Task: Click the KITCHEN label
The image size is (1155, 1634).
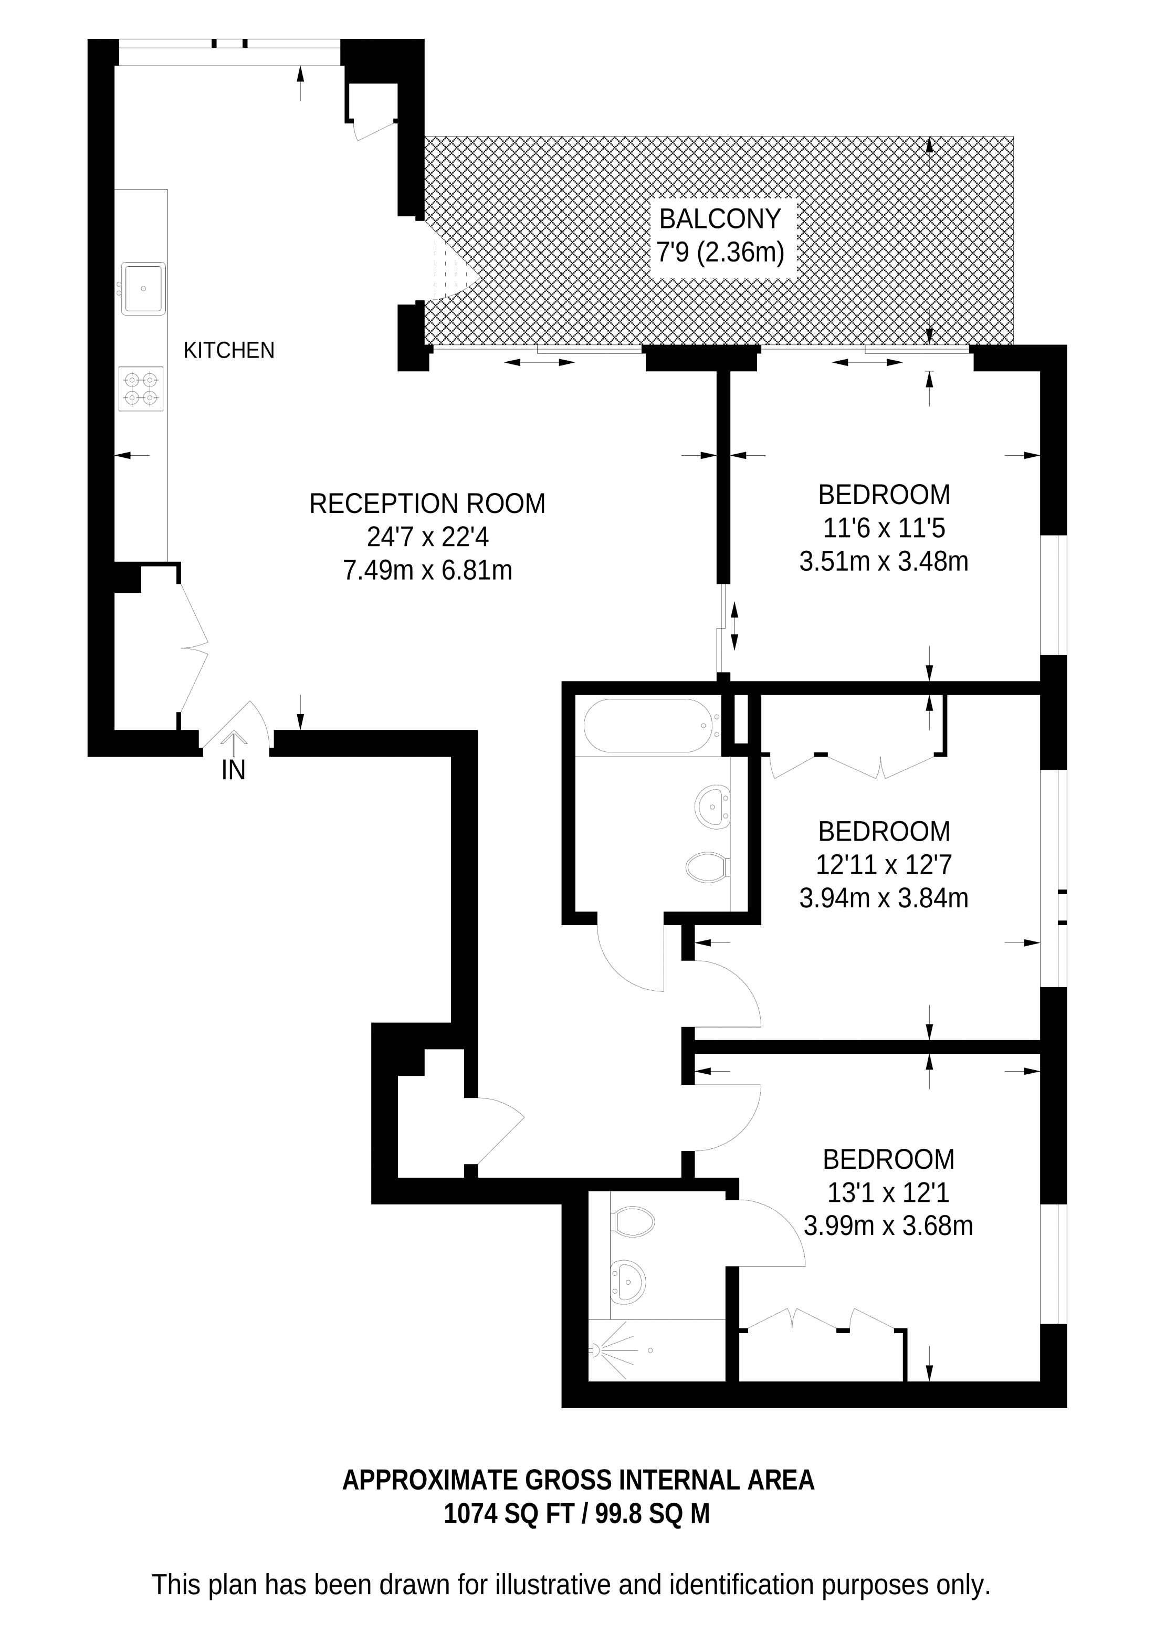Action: (228, 350)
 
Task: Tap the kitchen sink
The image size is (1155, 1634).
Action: (144, 288)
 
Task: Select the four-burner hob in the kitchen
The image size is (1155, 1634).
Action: (141, 389)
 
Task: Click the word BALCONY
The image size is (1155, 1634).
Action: (720, 219)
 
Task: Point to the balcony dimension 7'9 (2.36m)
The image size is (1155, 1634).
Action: (720, 252)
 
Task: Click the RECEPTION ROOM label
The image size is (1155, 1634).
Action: (427, 504)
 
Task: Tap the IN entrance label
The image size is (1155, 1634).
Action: (234, 770)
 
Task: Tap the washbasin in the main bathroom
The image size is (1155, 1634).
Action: (712, 807)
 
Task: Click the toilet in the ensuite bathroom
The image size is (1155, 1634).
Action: (633, 1223)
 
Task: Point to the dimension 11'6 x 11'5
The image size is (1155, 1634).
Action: (884, 528)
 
